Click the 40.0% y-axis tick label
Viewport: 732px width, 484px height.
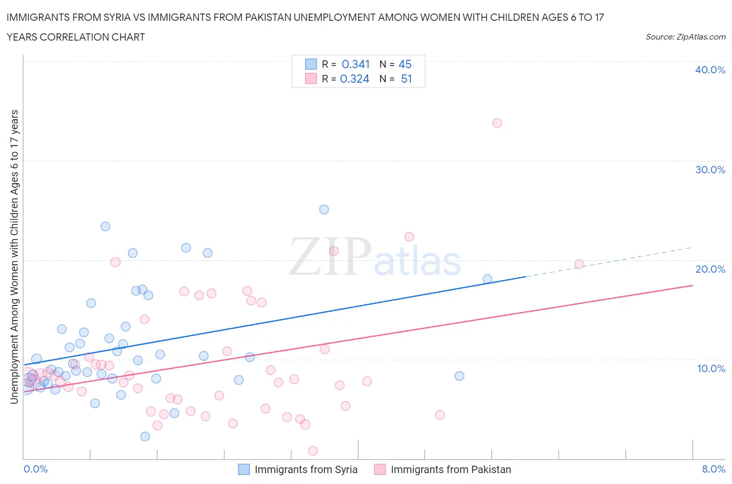tap(710, 70)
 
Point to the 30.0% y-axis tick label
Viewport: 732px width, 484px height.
tap(710, 170)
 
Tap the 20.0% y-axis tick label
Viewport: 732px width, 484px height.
tap(710, 269)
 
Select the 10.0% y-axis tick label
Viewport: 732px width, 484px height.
tap(711, 368)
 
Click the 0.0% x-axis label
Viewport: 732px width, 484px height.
tap(35, 469)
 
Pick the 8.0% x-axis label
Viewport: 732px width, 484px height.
tap(713, 469)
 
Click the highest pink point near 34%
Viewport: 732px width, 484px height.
tap(497, 123)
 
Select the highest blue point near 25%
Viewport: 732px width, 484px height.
tap(324, 209)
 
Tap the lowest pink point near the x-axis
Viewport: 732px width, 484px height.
tap(313, 451)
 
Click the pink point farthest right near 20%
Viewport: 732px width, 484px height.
tap(579, 264)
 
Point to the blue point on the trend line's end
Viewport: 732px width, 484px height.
tap(487, 279)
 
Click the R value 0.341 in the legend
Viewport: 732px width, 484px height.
tap(356, 64)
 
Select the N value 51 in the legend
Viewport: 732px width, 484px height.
tap(406, 79)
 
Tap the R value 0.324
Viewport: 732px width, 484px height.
tap(355, 79)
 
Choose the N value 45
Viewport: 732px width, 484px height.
tap(405, 64)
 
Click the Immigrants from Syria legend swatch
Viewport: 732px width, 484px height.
tap(244, 469)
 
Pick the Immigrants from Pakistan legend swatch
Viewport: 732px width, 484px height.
tap(380, 469)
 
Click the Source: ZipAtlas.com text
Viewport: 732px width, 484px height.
tap(685, 36)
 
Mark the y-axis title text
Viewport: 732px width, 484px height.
tap(14, 257)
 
